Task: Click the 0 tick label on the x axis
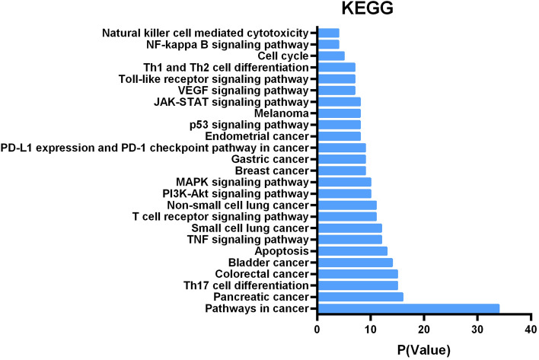(317, 331)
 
